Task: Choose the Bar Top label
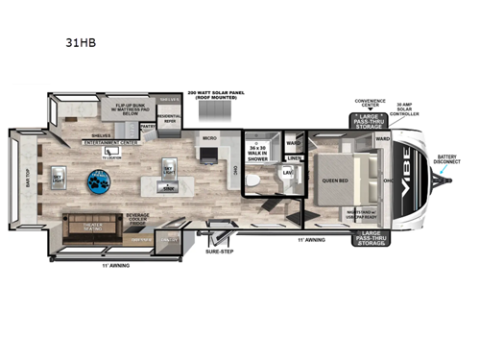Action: click(x=26, y=177)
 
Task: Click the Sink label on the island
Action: click(x=168, y=190)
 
